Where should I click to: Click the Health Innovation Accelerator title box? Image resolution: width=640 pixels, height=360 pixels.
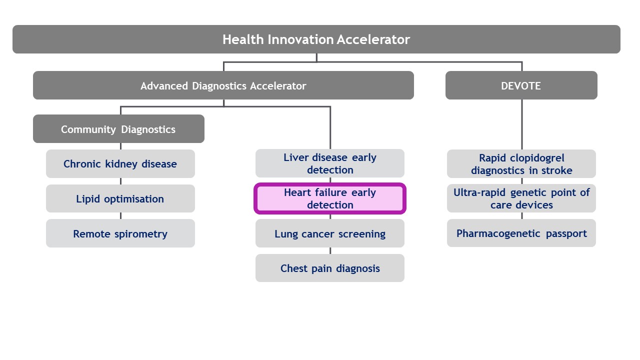click(x=316, y=39)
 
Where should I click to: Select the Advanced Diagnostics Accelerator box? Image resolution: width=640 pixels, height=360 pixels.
click(x=223, y=85)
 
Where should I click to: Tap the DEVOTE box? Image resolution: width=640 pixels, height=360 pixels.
click(x=521, y=85)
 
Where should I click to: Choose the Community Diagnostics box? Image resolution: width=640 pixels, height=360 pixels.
click(x=118, y=129)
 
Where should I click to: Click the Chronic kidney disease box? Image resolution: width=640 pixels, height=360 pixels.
click(x=120, y=163)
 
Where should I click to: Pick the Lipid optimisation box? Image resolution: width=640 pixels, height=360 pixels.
click(x=120, y=198)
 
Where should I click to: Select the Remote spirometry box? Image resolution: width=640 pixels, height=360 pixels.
click(x=120, y=233)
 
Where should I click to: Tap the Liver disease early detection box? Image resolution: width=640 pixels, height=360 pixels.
click(x=329, y=163)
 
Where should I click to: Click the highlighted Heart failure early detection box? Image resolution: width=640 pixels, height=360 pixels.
click(x=329, y=198)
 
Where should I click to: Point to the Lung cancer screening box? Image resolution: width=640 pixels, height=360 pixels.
click(x=329, y=233)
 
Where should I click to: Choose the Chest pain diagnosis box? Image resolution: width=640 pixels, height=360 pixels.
click(x=329, y=268)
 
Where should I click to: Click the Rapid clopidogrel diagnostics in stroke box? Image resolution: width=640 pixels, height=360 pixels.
click(x=521, y=163)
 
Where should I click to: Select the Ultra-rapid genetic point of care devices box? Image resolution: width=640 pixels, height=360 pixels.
click(x=521, y=198)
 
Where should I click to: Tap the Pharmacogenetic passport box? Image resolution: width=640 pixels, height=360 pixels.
click(x=521, y=233)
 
